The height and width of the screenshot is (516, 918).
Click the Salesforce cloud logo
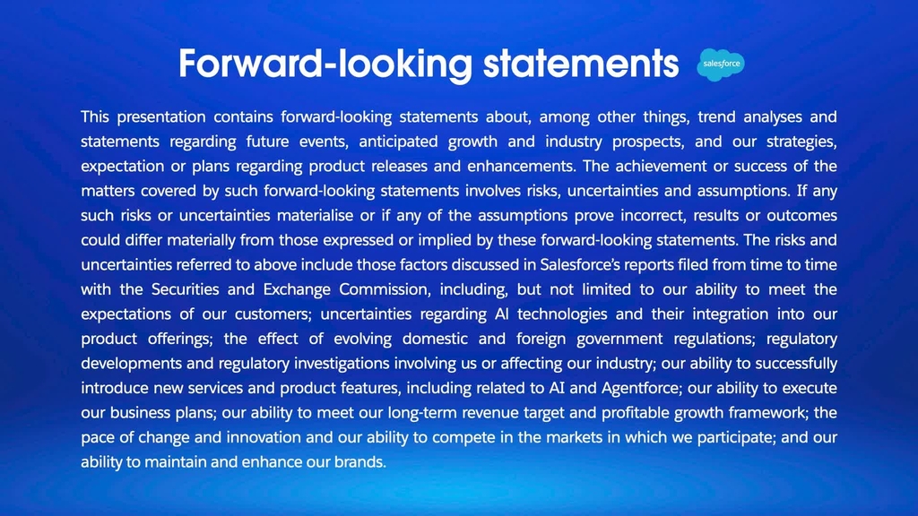[x=721, y=64]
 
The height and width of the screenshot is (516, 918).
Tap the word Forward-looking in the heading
[x=325, y=64]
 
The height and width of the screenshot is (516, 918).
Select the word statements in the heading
[x=581, y=64]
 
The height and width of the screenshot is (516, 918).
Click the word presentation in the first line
[x=161, y=117]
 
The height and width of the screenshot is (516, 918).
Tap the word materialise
[x=315, y=216]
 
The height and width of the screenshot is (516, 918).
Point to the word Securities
[x=186, y=289]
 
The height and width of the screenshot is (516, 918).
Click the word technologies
[x=562, y=314]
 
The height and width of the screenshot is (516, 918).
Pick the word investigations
[x=342, y=364]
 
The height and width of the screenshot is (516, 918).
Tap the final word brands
[x=360, y=462]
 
